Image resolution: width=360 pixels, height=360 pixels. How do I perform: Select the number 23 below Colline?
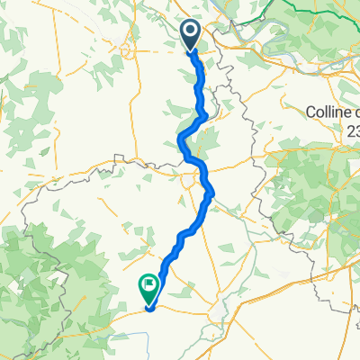tap(353, 130)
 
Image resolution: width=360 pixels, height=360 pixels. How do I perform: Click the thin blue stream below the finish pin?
tap(135, 336)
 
